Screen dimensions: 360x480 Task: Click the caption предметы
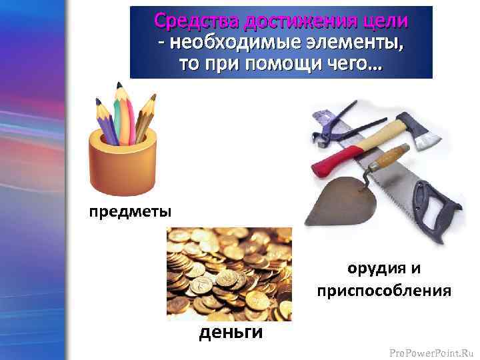(x=131, y=211)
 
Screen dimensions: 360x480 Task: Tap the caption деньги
(x=231, y=331)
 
